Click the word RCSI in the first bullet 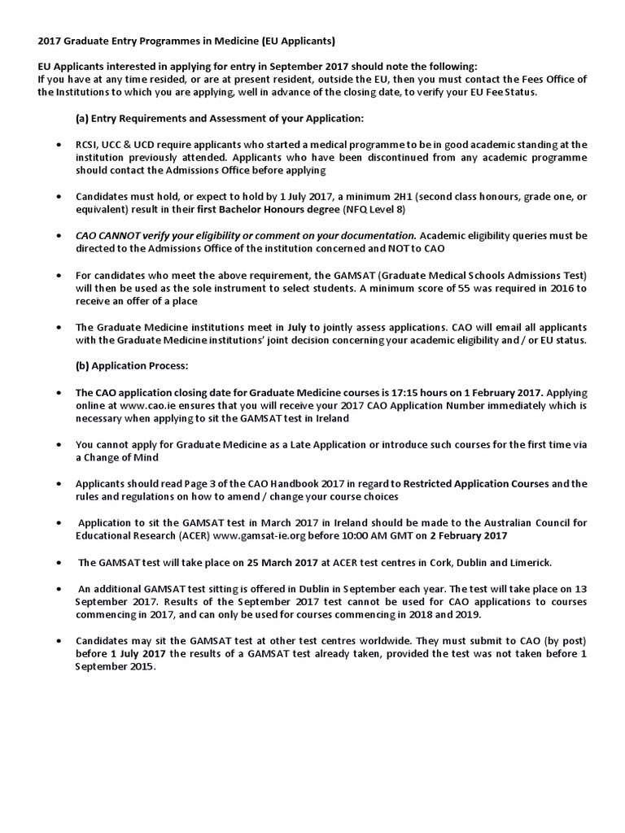(88, 145)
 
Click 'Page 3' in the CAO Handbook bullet (195, 483)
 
